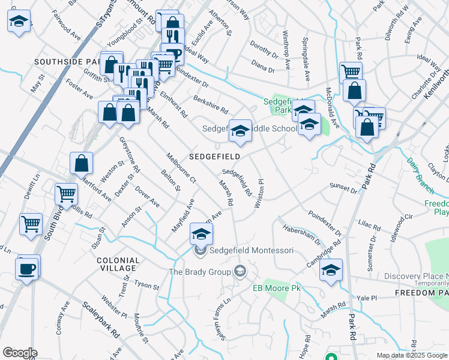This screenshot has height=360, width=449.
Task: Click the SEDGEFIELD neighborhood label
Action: pyautogui.click(x=215, y=157)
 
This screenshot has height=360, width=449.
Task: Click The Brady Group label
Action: pyautogui.click(x=199, y=272)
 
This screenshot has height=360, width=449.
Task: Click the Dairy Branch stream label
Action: pyautogui.click(x=420, y=174)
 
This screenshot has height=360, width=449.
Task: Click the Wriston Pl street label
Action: pyautogui.click(x=259, y=193)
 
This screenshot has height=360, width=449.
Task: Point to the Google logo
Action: pyautogui.click(x=20, y=353)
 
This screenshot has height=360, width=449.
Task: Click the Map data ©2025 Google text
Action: pyautogui.click(x=411, y=355)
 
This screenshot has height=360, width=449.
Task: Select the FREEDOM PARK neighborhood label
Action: pyautogui.click(x=421, y=293)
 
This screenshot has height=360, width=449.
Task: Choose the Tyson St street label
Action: pyautogui.click(x=146, y=284)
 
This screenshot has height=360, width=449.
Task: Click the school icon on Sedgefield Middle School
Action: pyautogui.click(x=240, y=133)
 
